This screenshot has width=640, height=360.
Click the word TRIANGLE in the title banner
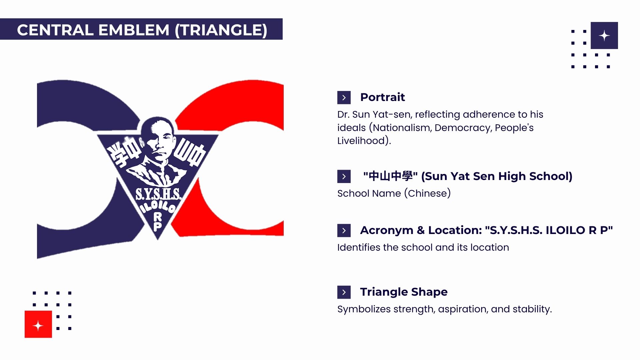pos(221,30)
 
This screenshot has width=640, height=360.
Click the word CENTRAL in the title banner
pos(55,30)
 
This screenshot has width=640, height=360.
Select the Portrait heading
pos(382,97)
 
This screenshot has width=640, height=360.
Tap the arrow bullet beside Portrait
pos(344,98)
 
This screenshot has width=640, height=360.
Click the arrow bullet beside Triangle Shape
pos(344,292)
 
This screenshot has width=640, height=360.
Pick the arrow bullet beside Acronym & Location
pos(344,231)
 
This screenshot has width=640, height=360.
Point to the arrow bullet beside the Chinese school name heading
pos(344,177)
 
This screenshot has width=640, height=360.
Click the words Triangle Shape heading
pos(404,292)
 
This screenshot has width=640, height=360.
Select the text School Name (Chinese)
pos(394,193)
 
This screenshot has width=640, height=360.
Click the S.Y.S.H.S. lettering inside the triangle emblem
pos(158,194)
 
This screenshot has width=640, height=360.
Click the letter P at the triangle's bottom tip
pos(157,227)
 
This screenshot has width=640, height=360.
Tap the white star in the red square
pos(38,325)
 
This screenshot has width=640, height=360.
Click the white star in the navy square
pos(604,36)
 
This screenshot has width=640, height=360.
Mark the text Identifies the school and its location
pos(423,247)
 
